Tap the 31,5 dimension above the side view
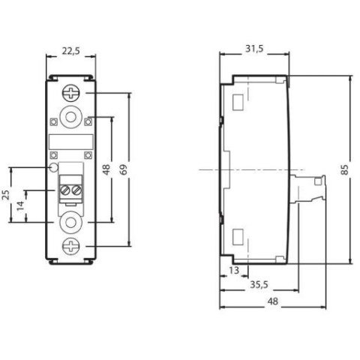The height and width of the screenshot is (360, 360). [x=254, y=49]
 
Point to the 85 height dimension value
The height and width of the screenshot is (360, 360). [x=344, y=169]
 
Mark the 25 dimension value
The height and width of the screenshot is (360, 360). [x=7, y=195]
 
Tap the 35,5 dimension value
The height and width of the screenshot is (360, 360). [x=259, y=285]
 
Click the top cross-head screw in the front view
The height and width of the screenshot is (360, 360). [x=72, y=94]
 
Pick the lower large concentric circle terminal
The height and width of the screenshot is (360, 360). [x=72, y=222]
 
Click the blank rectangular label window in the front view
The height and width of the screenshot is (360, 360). [x=71, y=142]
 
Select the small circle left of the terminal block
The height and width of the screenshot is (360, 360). [x=52, y=167]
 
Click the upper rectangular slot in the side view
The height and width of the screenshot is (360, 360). [x=238, y=101]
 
